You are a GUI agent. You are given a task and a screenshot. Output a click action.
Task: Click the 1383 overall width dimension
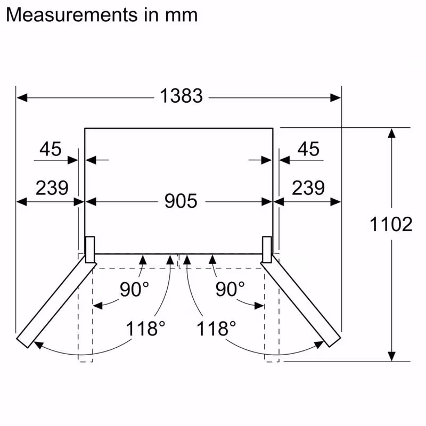(181, 96)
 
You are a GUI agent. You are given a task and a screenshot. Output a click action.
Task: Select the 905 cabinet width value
(181, 201)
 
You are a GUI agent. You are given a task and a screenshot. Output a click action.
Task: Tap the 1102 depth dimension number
(391, 224)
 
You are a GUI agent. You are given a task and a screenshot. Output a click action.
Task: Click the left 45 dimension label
(51, 149)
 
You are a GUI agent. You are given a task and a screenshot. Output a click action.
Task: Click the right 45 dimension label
(308, 149)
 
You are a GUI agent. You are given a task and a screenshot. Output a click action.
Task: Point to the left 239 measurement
(52, 187)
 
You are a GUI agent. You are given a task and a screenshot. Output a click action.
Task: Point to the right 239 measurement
(308, 187)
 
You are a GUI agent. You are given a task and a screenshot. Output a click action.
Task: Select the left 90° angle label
(134, 289)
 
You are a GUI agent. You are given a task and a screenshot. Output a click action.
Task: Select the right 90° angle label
(230, 289)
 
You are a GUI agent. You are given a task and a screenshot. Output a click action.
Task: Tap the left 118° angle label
(142, 328)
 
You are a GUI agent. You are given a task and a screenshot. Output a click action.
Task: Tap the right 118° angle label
(216, 328)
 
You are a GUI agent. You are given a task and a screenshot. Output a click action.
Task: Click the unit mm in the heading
(179, 14)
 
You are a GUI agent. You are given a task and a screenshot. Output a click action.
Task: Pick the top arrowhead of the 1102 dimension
(391, 133)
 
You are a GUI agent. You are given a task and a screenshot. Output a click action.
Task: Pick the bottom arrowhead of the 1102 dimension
(391, 356)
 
